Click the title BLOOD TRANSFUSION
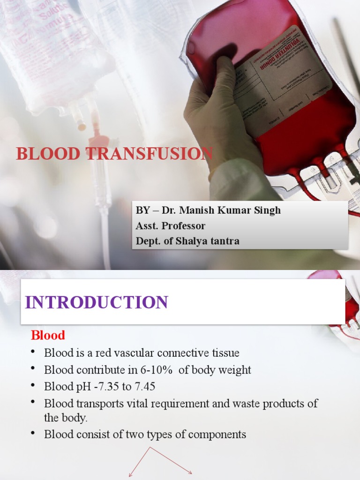click(x=114, y=154)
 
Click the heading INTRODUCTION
click(x=97, y=302)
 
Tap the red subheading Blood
click(x=48, y=335)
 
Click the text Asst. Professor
click(x=171, y=225)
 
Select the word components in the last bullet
click(x=218, y=434)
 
